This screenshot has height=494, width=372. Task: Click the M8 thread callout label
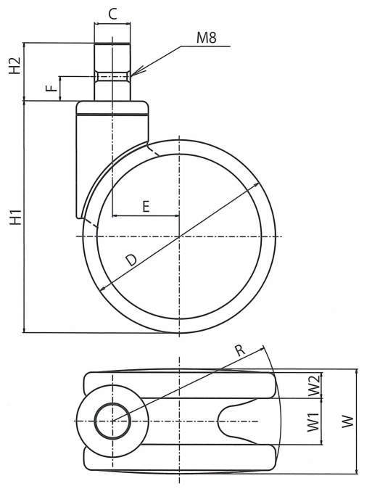[207, 38]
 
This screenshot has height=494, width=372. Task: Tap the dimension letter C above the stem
[112, 14]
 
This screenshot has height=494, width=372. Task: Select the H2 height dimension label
[15, 65]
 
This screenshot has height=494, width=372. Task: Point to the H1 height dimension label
[15, 217]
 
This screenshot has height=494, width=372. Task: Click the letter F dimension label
[51, 87]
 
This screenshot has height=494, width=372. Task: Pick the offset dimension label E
[146, 207]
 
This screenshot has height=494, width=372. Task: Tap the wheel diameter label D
[131, 260]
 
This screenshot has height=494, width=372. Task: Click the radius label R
[240, 350]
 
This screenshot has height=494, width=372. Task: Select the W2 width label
[314, 385]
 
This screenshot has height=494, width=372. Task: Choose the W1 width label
[313, 422]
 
